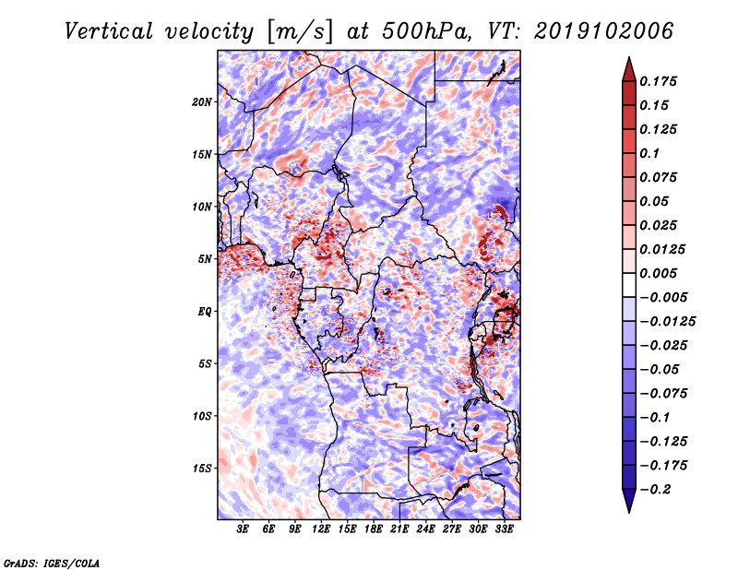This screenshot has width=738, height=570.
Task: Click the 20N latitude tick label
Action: pos(202,101)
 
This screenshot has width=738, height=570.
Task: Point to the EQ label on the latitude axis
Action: pos(205,312)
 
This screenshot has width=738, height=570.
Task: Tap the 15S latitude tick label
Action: pos(202,469)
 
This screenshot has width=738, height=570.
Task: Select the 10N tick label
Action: pos(202,207)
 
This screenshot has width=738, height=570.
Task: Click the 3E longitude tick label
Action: pos(243,529)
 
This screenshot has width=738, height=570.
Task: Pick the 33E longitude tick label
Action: pos(504,529)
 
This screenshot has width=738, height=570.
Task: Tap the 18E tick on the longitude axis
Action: pos(374,529)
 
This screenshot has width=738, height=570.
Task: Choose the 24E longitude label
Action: pos(425,529)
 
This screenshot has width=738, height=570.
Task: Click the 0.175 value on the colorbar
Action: pos(661,81)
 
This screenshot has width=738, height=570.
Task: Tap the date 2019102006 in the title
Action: pos(601,31)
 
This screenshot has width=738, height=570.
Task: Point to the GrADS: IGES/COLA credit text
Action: pos(52,562)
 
